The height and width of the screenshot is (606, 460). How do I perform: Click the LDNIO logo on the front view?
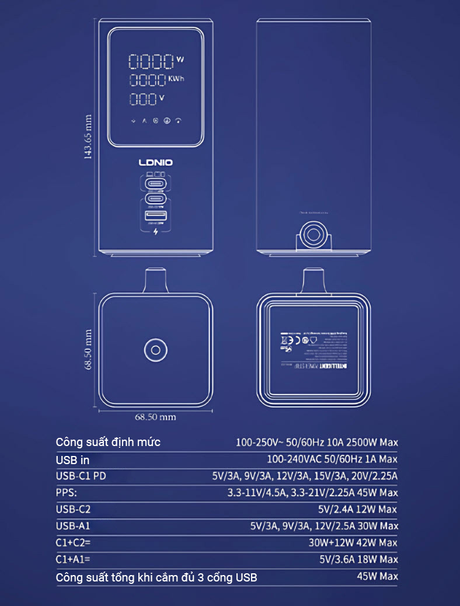pyautogui.click(x=156, y=163)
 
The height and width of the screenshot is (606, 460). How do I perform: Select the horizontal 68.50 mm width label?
pyautogui.click(x=155, y=417)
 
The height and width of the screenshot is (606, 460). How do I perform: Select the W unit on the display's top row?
pyautogui.click(x=179, y=60)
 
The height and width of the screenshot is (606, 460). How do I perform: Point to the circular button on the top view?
pyautogui.click(x=155, y=350)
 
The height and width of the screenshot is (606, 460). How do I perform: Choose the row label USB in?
pyautogui.click(x=72, y=460)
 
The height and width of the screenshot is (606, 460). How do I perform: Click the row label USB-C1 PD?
pyautogui.click(x=81, y=476)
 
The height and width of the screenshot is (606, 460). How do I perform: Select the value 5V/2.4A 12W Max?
pyautogui.click(x=358, y=509)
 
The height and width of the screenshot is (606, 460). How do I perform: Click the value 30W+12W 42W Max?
pyautogui.click(x=353, y=542)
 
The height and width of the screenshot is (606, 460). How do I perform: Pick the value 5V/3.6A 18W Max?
pyautogui.click(x=358, y=559)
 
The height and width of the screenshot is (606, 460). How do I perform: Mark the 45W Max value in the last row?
pyautogui.click(x=377, y=576)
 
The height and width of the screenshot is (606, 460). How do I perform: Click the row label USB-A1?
pyautogui.click(x=74, y=526)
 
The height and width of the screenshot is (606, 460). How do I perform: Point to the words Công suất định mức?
pyautogui.click(x=108, y=442)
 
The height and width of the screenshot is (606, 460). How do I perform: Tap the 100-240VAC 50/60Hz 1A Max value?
pyautogui.click(x=332, y=459)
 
